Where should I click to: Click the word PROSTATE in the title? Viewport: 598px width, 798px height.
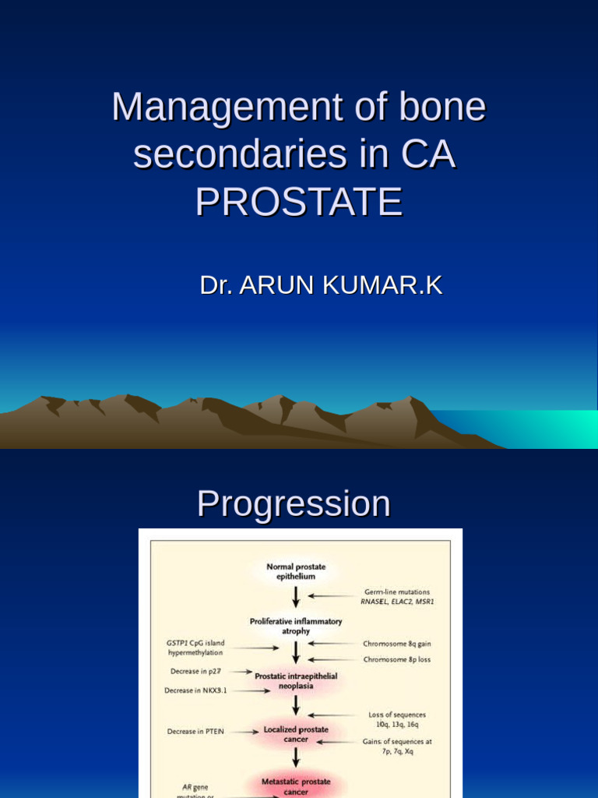point(299,202)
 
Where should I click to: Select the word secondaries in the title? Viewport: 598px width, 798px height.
point(240,154)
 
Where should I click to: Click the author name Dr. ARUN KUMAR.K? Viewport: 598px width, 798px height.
point(321,285)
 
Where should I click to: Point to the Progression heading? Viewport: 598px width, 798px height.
point(294,503)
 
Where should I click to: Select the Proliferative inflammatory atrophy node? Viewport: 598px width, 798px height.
point(295,627)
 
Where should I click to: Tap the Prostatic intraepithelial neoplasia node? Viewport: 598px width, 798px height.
point(296,681)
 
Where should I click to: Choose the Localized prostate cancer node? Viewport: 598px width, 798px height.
point(296,734)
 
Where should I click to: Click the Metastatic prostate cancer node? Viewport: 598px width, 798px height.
point(296,786)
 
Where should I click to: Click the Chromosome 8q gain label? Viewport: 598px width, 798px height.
point(396,644)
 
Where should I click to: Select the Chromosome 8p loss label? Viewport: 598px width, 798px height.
point(396,659)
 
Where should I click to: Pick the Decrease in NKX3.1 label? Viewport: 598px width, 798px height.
point(194,690)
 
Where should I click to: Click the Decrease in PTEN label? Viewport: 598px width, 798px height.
point(195,731)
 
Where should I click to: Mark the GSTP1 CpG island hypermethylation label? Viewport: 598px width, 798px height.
point(195,648)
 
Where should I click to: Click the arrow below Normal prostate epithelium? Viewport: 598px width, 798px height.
point(296,598)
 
